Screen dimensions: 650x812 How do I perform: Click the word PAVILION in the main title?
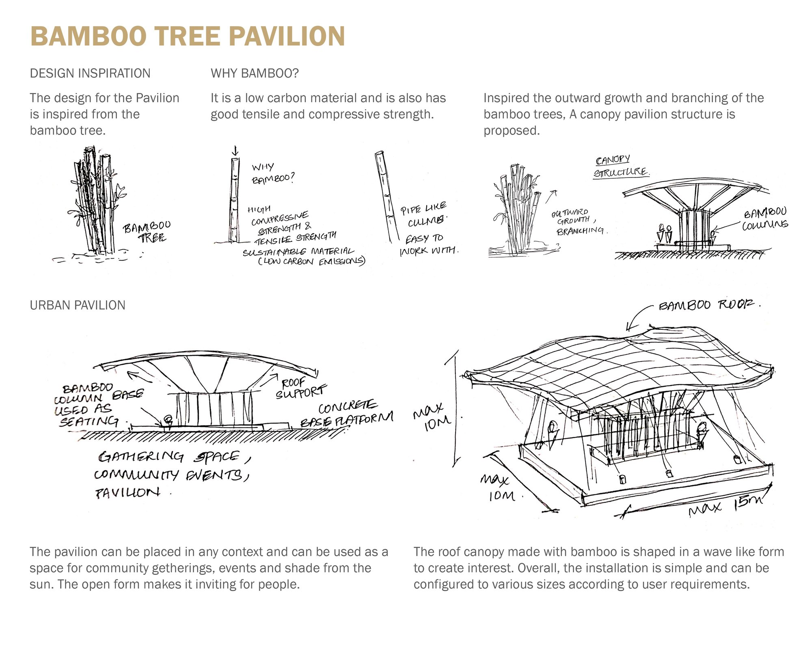coord(287,37)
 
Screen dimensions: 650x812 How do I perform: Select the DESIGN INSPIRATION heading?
coord(90,74)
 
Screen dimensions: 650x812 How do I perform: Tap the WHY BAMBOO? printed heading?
coord(255,74)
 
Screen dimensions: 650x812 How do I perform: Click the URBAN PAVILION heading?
coord(78,305)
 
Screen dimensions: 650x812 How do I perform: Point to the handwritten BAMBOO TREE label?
coord(147,232)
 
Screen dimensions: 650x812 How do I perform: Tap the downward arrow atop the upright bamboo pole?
coord(235,152)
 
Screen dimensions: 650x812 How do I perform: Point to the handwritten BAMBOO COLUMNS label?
coord(765,219)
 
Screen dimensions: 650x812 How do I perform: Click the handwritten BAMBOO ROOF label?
coord(708,305)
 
